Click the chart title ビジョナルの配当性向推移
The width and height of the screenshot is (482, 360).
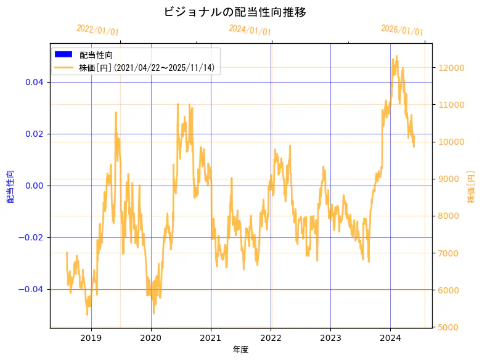[235, 12]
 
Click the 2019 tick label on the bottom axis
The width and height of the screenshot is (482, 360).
[91, 338]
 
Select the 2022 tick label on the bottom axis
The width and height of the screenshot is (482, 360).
[271, 338]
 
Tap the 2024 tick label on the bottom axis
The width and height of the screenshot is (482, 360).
[390, 338]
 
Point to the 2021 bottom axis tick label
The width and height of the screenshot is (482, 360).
[211, 338]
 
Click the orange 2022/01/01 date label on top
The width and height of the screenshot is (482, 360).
[97, 30]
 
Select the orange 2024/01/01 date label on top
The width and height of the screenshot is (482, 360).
[250, 30]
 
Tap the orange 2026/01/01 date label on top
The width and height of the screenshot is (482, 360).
[402, 30]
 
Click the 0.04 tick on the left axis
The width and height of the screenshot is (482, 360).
[34, 82]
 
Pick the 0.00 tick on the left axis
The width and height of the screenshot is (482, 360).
[34, 186]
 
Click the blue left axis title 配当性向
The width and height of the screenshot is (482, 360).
[10, 186]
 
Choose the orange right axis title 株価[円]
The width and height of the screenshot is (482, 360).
[472, 186]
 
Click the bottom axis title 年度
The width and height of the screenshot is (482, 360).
[241, 350]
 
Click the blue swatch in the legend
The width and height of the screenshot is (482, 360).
[63, 55]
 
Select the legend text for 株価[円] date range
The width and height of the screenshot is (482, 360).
[147, 67]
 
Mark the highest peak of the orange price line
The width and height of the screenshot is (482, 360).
[396, 56]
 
